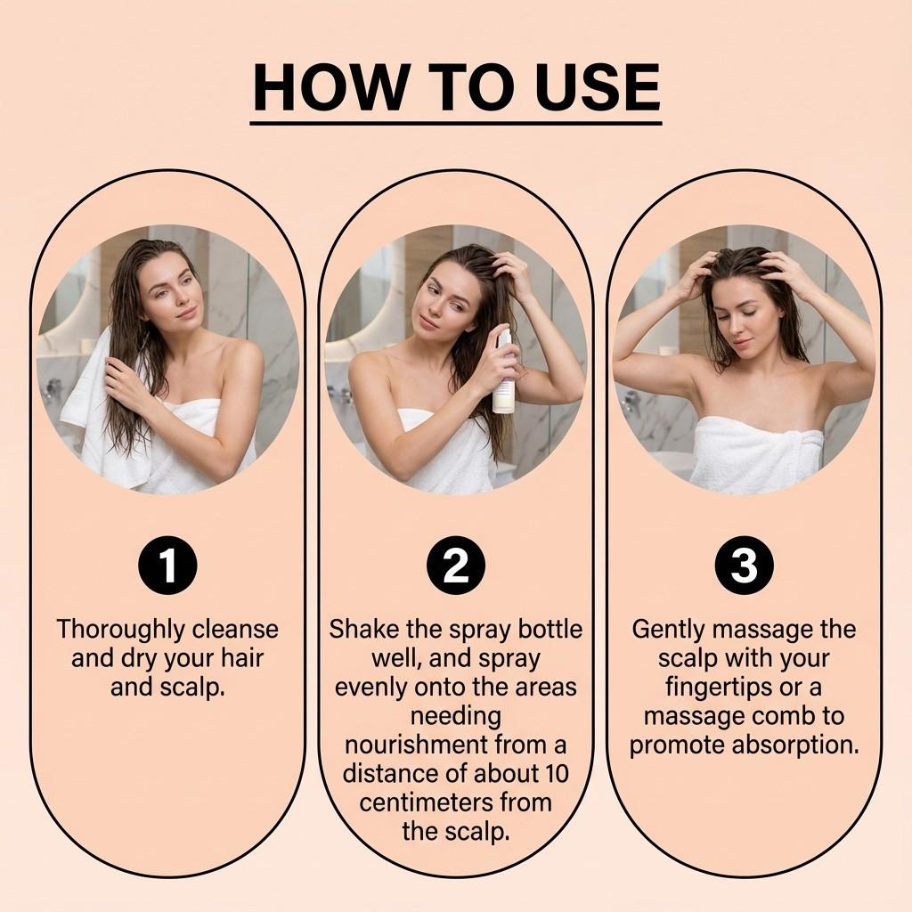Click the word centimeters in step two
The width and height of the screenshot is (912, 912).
click(x=427, y=802)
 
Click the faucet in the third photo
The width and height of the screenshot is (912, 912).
click(x=631, y=403)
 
